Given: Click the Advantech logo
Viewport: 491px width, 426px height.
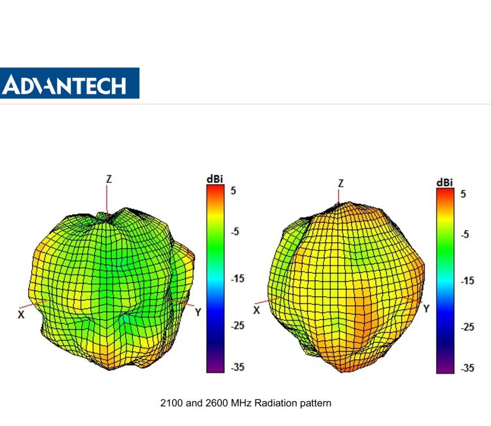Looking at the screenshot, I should tap(69, 83).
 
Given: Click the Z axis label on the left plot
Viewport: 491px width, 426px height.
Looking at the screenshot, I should tap(109, 179).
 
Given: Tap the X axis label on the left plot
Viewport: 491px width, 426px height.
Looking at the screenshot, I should tap(21, 315).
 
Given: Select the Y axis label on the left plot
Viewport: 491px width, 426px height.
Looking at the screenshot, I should tap(198, 313).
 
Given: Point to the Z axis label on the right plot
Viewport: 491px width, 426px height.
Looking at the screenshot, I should tap(340, 184).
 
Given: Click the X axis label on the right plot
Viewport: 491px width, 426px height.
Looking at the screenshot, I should tap(257, 310).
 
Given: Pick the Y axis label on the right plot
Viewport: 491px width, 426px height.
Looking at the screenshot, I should tap(426, 308).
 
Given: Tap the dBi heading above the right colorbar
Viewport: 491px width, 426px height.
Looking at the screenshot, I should tap(445, 182).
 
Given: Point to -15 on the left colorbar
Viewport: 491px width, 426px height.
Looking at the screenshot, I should tap(236, 279).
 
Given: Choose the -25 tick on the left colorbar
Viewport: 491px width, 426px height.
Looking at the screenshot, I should tap(236, 325).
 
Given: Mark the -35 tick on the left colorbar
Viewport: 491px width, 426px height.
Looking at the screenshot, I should tap(236, 367).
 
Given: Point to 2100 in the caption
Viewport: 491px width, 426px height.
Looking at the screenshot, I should tap(171, 403).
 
